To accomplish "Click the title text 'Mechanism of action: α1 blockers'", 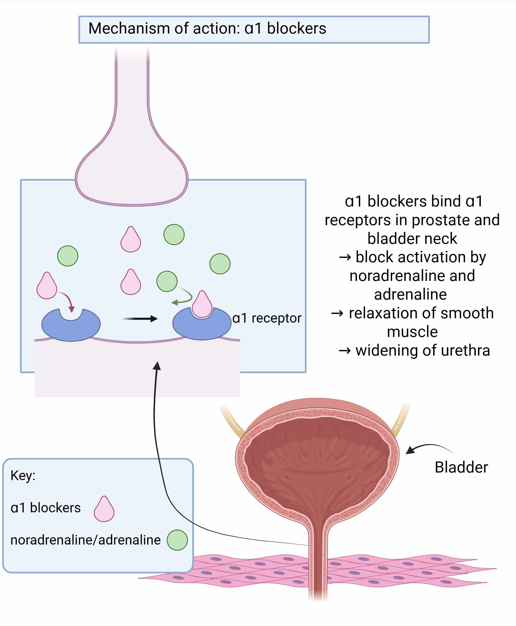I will [x=207, y=29].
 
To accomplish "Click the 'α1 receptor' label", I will [x=267, y=318].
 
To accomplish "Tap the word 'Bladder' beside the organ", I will [x=461, y=467].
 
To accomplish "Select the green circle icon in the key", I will [x=177, y=540].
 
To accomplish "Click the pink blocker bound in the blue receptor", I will [x=202, y=304].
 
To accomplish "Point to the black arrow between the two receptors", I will [x=140, y=319].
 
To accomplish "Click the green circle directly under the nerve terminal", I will [x=174, y=235].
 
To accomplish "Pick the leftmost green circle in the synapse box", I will [x=68, y=256].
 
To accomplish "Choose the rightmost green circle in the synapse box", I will [x=220, y=264].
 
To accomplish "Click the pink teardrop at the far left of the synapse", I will [x=47, y=286].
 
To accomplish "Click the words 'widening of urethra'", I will [x=422, y=350].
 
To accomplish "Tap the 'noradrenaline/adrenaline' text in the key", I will [x=86, y=540].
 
